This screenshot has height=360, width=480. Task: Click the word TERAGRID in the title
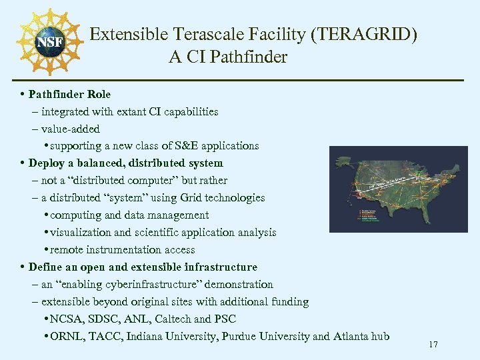pyautogui.click(x=364, y=35)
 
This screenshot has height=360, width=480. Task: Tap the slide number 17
pyautogui.click(x=433, y=345)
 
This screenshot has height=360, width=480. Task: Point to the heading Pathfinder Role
pyautogui.click(x=69, y=94)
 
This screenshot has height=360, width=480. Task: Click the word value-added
pyautogui.click(x=70, y=129)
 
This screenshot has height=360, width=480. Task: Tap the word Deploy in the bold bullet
pyautogui.click(x=47, y=163)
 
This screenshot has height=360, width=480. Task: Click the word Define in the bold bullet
pyautogui.click(x=45, y=267)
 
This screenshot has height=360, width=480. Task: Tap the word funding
pyautogui.click(x=288, y=302)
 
